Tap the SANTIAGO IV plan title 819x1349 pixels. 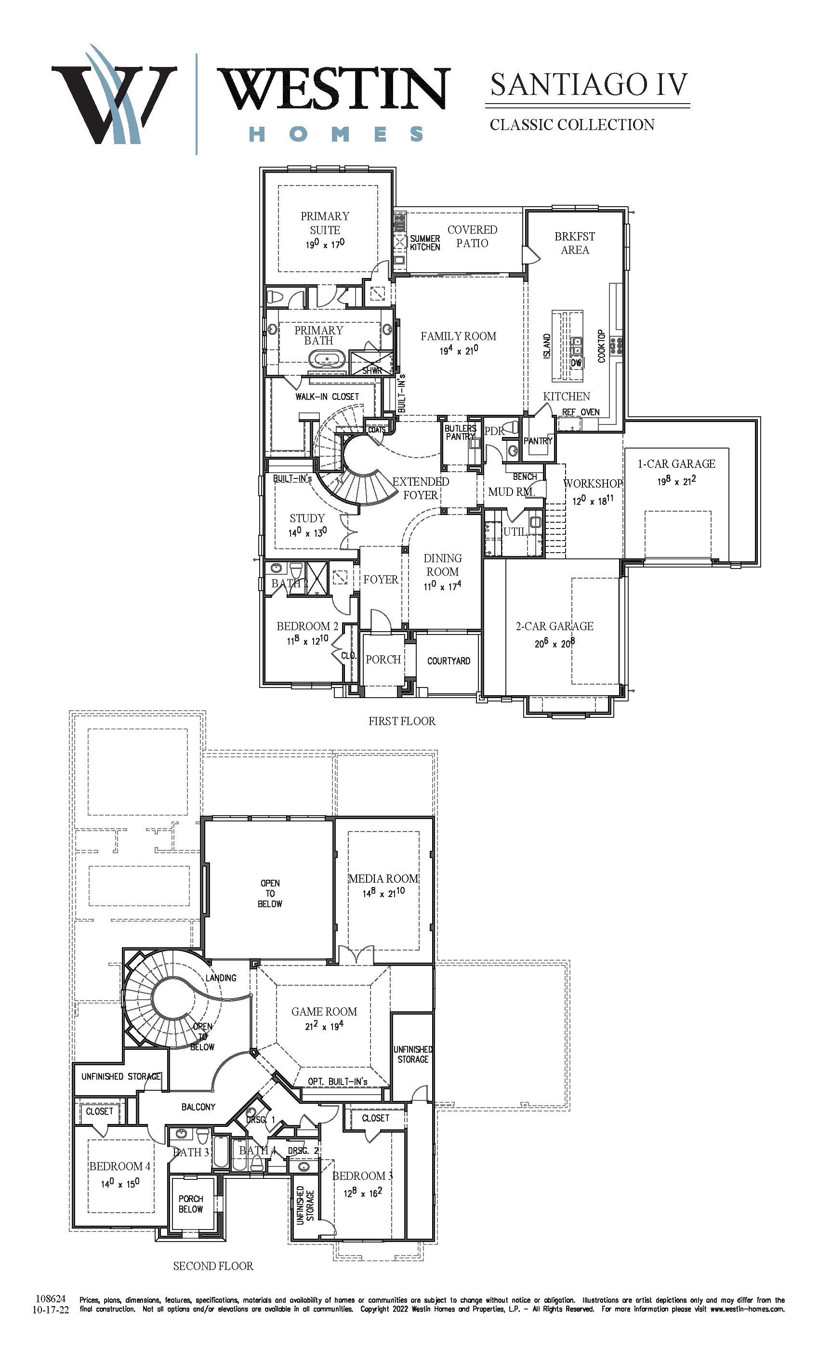click(x=589, y=84)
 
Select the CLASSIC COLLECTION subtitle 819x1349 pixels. click(x=572, y=125)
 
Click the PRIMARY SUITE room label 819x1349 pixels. click(x=325, y=223)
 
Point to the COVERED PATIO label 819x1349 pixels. click(x=472, y=237)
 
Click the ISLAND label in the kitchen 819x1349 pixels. click(x=547, y=346)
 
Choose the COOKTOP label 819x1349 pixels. click(x=601, y=345)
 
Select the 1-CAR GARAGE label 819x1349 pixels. click(x=677, y=463)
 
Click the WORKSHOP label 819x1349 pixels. click(x=593, y=483)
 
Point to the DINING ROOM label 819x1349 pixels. click(x=442, y=565)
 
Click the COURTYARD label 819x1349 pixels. click(x=449, y=661)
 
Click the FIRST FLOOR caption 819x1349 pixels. click(x=402, y=721)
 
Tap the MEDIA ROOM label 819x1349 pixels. click(x=383, y=879)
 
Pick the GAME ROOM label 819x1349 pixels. click(x=324, y=1012)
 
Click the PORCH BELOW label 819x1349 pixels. click(x=190, y=1204)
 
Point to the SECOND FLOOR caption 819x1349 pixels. click(x=213, y=1266)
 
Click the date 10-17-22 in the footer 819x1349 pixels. click(x=51, y=1309)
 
